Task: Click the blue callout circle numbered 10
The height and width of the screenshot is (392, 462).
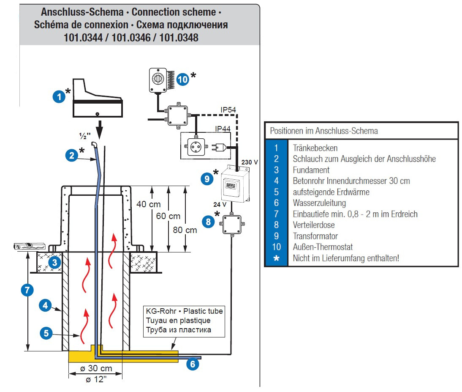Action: pyautogui.click(x=182, y=79)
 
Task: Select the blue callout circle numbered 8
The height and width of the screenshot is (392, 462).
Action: pyautogui.click(x=208, y=222)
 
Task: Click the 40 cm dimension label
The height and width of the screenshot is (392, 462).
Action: pyautogui.click(x=148, y=204)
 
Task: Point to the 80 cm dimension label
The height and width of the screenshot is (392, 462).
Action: pyautogui.click(x=185, y=230)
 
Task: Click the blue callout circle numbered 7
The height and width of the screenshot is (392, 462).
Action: pyautogui.click(x=27, y=290)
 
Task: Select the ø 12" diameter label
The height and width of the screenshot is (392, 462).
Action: pyautogui.click(x=96, y=379)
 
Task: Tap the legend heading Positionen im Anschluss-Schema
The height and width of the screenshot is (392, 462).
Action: pyautogui.click(x=324, y=131)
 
